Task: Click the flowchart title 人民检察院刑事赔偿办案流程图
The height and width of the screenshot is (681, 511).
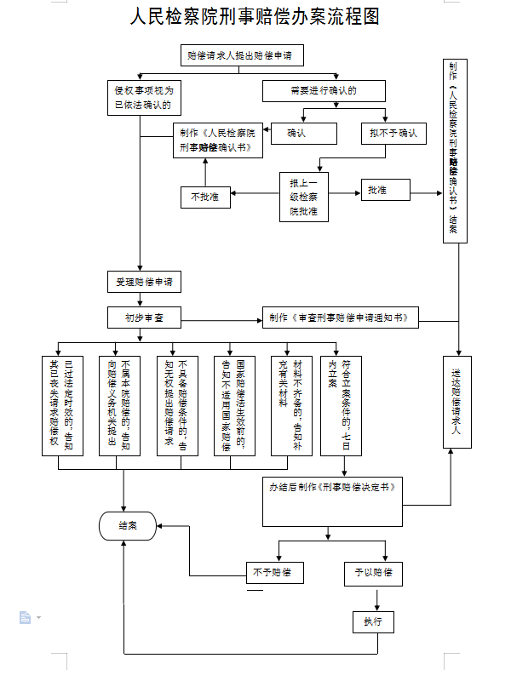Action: tap(254, 16)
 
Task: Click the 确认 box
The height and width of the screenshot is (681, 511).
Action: tap(304, 134)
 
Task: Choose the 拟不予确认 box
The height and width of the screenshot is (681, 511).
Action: tap(393, 134)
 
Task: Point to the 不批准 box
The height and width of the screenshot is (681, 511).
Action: tap(204, 197)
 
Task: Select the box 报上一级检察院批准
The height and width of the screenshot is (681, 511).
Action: tap(304, 197)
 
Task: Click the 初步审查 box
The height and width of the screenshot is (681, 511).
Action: tap(145, 318)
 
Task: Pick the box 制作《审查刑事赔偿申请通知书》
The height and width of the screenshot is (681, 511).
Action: tap(340, 318)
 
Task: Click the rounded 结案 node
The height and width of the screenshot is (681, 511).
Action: tap(128, 526)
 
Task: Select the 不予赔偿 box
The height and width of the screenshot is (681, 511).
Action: tap(274, 572)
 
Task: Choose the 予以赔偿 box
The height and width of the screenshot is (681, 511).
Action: tap(374, 573)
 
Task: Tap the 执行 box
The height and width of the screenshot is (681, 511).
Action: tap(374, 622)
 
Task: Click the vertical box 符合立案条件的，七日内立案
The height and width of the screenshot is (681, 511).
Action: tap(340, 404)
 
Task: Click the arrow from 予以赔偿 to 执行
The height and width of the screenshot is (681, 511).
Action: tap(374, 598)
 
